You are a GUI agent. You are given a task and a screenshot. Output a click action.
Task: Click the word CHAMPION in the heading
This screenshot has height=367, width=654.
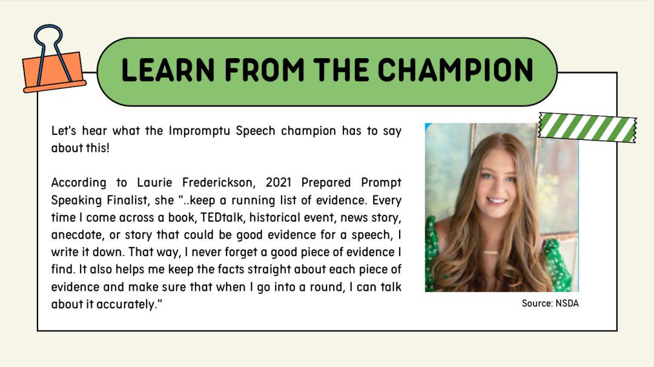[x=456, y=70]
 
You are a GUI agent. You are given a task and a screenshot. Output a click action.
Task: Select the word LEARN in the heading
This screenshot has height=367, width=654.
[x=168, y=70]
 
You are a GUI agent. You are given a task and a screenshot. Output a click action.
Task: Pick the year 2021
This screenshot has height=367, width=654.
[x=279, y=183]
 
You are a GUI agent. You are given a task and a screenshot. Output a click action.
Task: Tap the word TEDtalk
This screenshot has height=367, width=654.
[x=222, y=217]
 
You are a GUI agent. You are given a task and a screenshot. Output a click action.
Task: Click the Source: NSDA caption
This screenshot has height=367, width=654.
[x=550, y=303]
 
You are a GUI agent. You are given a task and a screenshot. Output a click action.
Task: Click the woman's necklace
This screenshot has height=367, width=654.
[x=490, y=252]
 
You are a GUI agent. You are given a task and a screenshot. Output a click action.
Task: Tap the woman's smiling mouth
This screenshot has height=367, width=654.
[x=497, y=200]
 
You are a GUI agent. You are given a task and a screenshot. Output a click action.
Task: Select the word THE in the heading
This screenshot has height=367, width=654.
[x=341, y=70]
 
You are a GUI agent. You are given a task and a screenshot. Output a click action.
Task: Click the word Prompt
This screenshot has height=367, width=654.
[x=381, y=183]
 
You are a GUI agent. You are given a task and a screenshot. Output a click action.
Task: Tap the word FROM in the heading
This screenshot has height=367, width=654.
[x=265, y=70]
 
